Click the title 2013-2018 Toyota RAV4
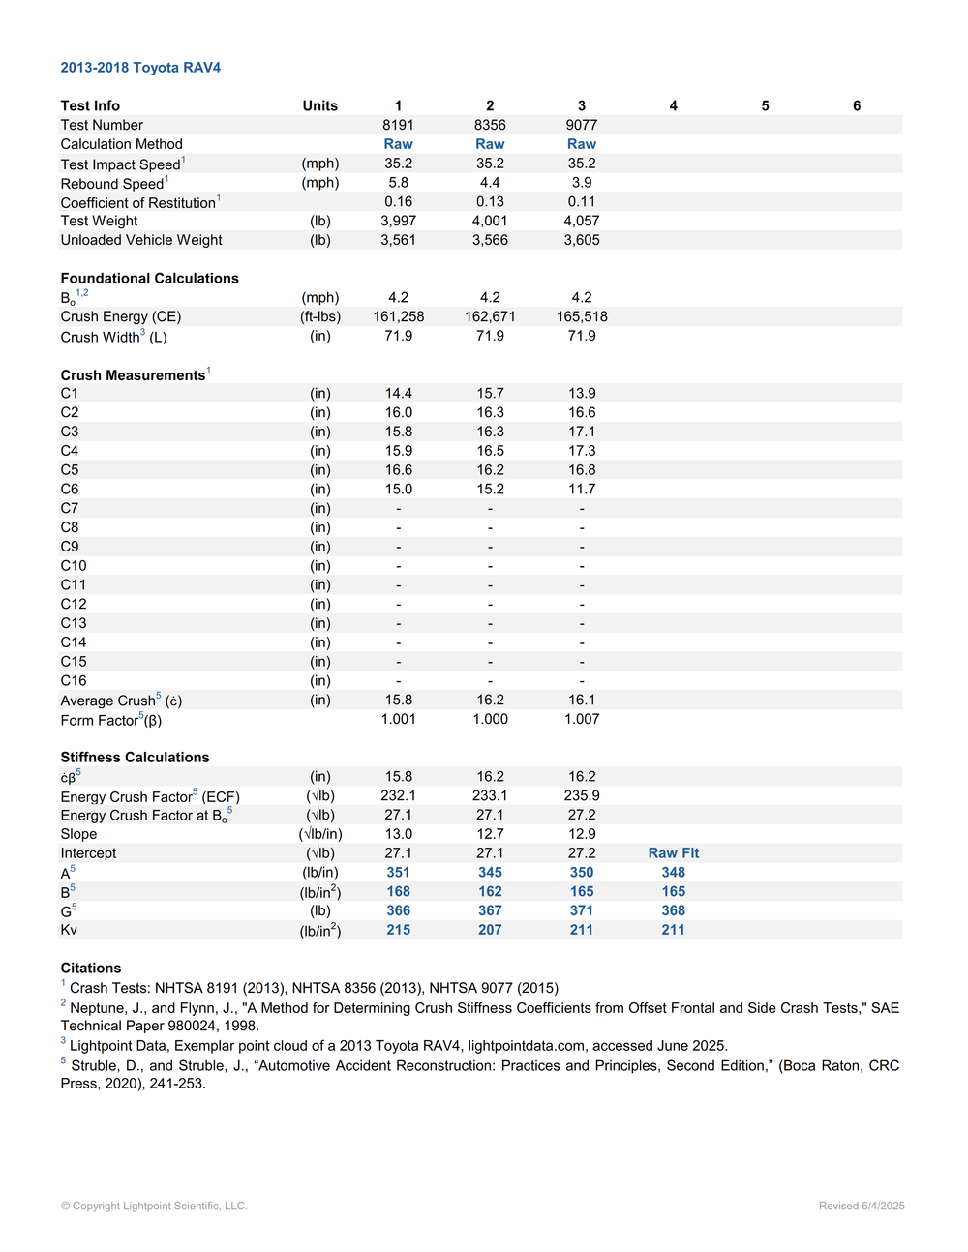(140, 68)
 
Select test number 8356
(490, 125)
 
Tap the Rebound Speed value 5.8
(398, 183)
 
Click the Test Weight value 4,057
(581, 221)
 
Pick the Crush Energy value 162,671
(490, 316)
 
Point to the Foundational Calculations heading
(149, 279)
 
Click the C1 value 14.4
(398, 394)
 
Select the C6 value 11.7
(581, 490)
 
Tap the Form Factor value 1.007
(581, 719)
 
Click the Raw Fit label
(673, 853)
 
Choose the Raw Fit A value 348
(673, 873)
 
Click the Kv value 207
(490, 930)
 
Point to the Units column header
(319, 106)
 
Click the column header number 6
(856, 106)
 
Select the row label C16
(74, 681)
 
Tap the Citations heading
(91, 969)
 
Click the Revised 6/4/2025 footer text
(861, 1206)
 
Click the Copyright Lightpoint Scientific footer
(154, 1206)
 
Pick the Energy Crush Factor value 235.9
(581, 795)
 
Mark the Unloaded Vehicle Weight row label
(141, 240)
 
